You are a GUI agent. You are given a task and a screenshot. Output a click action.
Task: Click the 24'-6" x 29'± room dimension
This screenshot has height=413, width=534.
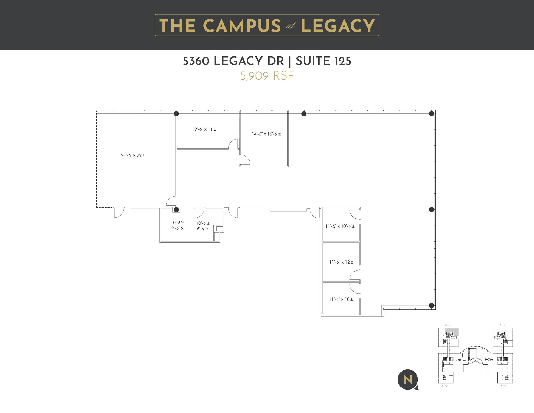tap(133, 155)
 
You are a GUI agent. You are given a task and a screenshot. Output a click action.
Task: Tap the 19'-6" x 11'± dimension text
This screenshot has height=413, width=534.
tap(204, 129)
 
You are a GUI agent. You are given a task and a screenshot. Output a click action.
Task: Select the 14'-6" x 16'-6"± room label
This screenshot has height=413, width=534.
tap(266, 134)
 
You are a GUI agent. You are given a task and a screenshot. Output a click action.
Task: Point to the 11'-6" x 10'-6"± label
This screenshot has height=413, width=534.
tap(340, 226)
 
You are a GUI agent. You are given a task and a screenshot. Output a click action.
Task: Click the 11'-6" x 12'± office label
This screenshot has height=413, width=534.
tap(341, 262)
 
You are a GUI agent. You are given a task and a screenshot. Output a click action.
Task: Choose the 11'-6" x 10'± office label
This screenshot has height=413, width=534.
tap(341, 299)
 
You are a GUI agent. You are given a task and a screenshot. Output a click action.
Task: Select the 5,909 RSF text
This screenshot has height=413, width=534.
tap(267, 76)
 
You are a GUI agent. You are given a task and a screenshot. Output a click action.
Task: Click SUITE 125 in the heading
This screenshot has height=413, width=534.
tap(324, 61)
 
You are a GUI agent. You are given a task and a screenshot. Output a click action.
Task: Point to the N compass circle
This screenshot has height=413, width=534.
tap(408, 380)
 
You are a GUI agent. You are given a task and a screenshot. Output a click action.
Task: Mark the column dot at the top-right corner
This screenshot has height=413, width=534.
tap(432, 113)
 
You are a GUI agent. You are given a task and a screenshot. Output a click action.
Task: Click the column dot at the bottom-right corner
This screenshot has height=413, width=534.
tap(432, 306)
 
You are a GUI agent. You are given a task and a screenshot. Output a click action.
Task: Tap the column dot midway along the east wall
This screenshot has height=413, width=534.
tap(432, 210)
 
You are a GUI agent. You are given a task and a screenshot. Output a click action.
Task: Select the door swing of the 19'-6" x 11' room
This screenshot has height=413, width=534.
tap(233, 144)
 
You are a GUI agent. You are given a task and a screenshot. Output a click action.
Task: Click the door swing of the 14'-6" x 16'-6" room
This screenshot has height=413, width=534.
tap(245, 159)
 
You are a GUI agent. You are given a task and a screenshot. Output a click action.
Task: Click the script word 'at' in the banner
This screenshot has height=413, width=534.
tap(290, 26)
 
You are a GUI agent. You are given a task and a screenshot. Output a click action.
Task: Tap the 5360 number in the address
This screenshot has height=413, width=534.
tap(196, 61)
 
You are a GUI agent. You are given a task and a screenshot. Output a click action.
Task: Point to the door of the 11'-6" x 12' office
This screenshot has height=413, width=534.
tap(355, 275)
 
